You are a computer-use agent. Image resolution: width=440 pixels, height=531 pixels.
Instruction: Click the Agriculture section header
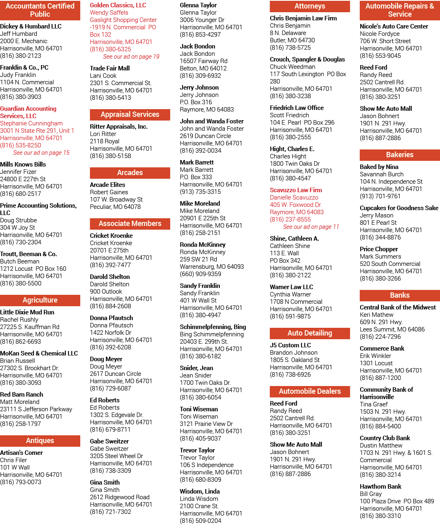[x=40, y=300]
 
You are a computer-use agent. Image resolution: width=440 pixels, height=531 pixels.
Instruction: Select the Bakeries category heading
[x=400, y=155]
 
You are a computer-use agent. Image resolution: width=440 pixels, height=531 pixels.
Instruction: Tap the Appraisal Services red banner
[x=130, y=114]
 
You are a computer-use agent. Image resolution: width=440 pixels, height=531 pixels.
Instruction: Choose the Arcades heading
[x=130, y=173]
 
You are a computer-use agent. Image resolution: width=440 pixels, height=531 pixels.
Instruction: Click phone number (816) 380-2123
[x=21, y=56]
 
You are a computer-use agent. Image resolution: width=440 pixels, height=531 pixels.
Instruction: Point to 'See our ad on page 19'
[x=131, y=57]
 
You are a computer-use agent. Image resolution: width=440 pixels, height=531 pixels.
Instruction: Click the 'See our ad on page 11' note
[x=311, y=226]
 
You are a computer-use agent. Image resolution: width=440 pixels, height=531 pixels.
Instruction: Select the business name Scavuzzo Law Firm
[x=296, y=190]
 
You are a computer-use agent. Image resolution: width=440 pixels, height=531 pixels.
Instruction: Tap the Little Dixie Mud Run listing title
[x=27, y=312]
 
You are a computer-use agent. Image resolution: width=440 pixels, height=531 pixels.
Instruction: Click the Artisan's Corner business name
[x=21, y=453]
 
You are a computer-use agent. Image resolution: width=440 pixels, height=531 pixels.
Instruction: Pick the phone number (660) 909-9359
[x=200, y=274]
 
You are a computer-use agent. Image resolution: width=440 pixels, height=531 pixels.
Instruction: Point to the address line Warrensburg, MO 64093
[x=212, y=266]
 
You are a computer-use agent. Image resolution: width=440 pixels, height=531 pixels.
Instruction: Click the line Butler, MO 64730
[x=292, y=40]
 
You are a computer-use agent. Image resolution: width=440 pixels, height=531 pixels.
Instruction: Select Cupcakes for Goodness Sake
[x=399, y=208]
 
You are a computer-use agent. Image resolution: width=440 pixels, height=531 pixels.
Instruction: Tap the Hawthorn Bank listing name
[x=380, y=486]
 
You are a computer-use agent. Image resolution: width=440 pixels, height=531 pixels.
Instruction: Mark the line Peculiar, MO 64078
[x=115, y=207]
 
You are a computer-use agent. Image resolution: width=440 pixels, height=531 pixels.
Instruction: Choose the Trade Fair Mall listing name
[x=110, y=68]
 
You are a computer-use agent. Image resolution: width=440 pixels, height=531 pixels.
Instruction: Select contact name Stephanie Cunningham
[x=31, y=123]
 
